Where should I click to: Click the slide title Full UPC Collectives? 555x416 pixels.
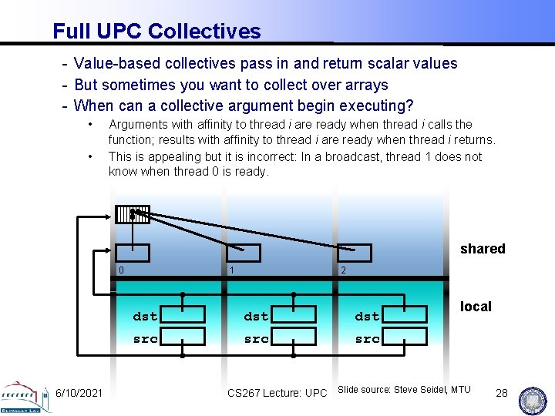(156, 32)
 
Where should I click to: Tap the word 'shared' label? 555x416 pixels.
(483, 249)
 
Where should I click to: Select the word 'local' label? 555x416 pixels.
(476, 307)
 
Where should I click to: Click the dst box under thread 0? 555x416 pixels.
(183, 314)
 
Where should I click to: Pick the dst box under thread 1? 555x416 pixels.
(294, 314)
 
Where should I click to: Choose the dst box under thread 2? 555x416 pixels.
(405, 314)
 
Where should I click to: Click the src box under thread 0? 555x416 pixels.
(183, 337)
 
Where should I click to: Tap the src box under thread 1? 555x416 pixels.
(294, 337)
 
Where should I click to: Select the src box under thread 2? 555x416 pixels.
(405, 337)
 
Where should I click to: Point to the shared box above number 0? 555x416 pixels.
(132, 253)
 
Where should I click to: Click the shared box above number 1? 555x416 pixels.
(243, 253)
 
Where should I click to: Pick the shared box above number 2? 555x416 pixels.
(354, 253)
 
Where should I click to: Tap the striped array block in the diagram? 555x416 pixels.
(132, 214)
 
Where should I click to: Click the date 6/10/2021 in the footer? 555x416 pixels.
(79, 393)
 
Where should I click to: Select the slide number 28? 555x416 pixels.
(501, 393)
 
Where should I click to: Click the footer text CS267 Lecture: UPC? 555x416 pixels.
(277, 393)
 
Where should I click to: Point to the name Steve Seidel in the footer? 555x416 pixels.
(421, 390)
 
